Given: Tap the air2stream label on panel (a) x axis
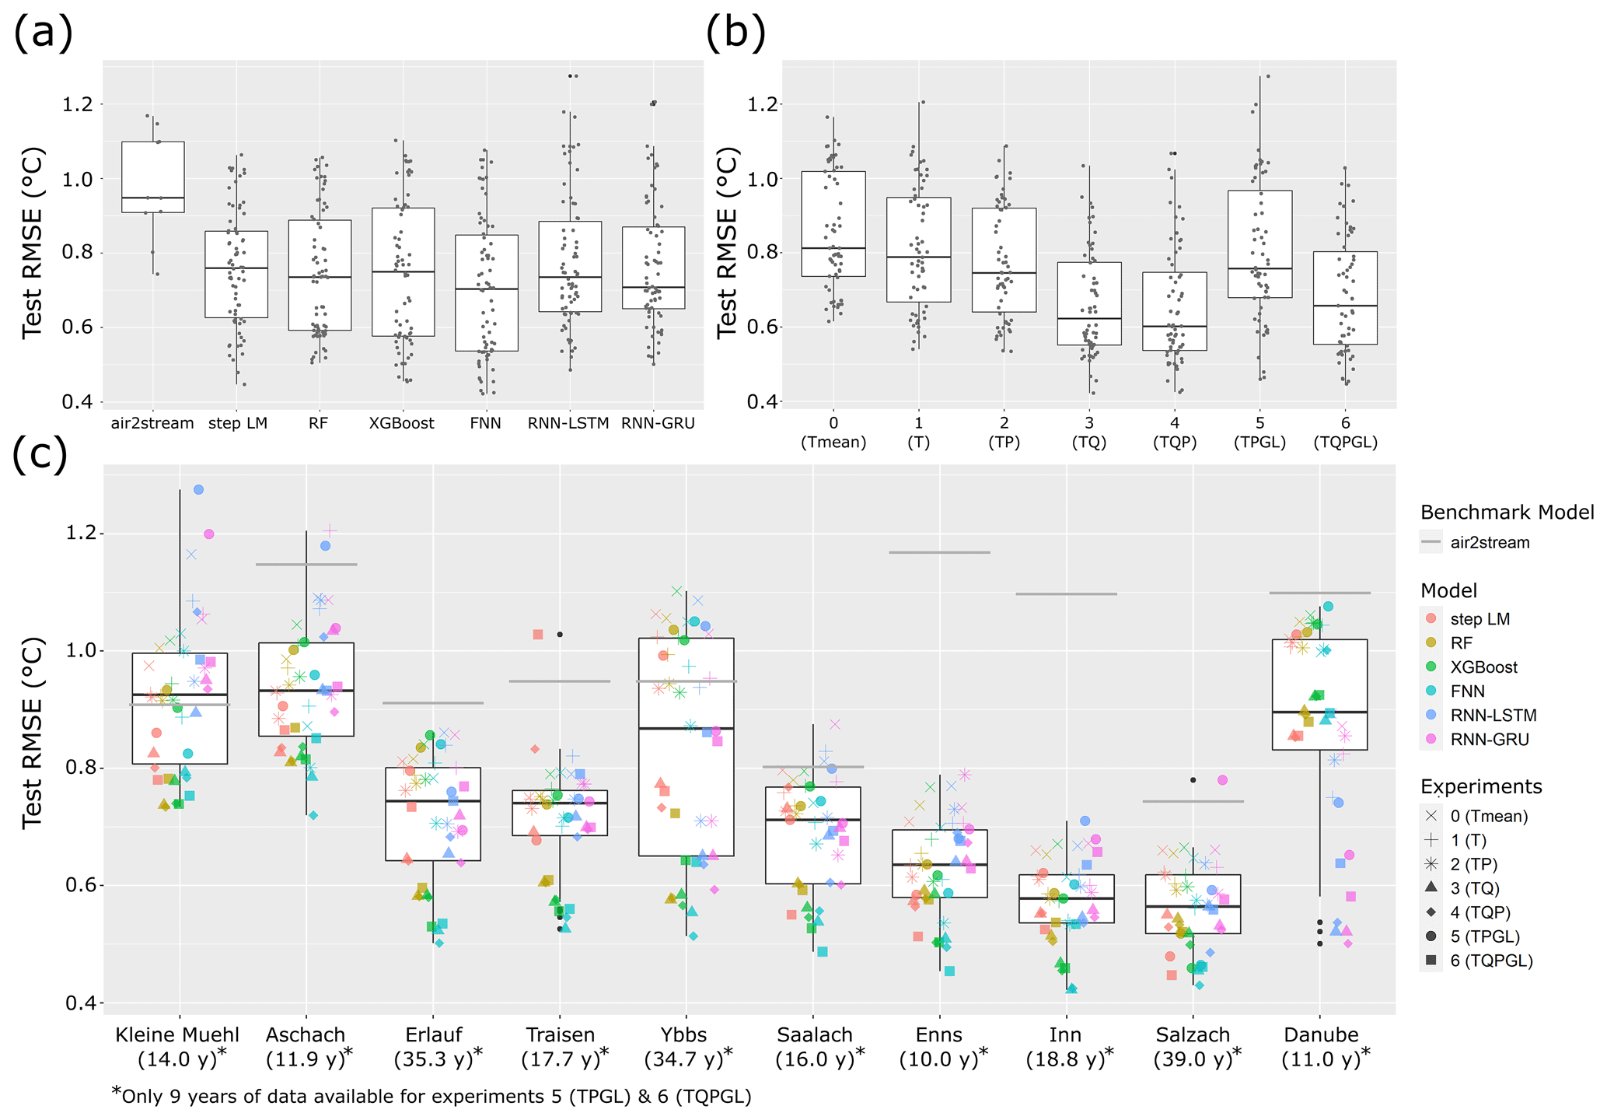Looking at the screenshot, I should [x=152, y=424].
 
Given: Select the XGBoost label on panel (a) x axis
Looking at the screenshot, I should [x=401, y=424].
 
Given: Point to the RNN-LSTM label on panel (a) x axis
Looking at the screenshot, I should [x=568, y=424].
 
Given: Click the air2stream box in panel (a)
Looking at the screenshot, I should [x=153, y=177].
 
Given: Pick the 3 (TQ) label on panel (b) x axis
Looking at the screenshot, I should [x=1089, y=432].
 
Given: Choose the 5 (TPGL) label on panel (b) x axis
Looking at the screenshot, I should [x=1259, y=432].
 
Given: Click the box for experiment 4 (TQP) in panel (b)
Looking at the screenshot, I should [x=1175, y=311].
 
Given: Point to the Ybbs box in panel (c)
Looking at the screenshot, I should [x=686, y=747].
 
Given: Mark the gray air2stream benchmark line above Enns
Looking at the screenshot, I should [x=939, y=552].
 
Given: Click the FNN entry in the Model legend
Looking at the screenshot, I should [x=1467, y=691].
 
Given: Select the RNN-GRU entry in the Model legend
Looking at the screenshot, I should [x=1489, y=740].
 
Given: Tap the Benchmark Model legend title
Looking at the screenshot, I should [x=1507, y=513].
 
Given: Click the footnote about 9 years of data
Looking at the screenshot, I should [x=431, y=1096].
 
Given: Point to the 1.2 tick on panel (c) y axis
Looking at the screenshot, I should [x=79, y=534].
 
